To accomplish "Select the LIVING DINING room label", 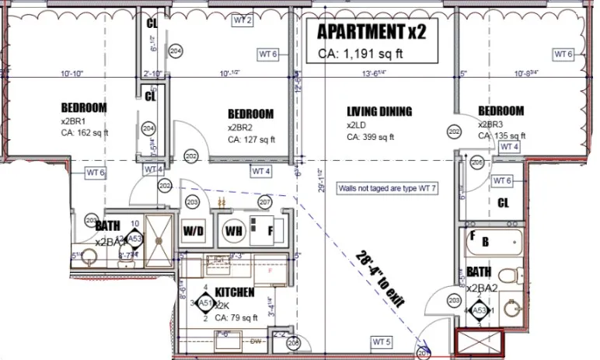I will click(379, 111).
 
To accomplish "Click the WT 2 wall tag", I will click(242, 21).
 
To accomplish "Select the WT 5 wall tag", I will click(382, 341).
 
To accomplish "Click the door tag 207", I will click(264, 203).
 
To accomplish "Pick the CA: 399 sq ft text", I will click(370, 137).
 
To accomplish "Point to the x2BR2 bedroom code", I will click(241, 127).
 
